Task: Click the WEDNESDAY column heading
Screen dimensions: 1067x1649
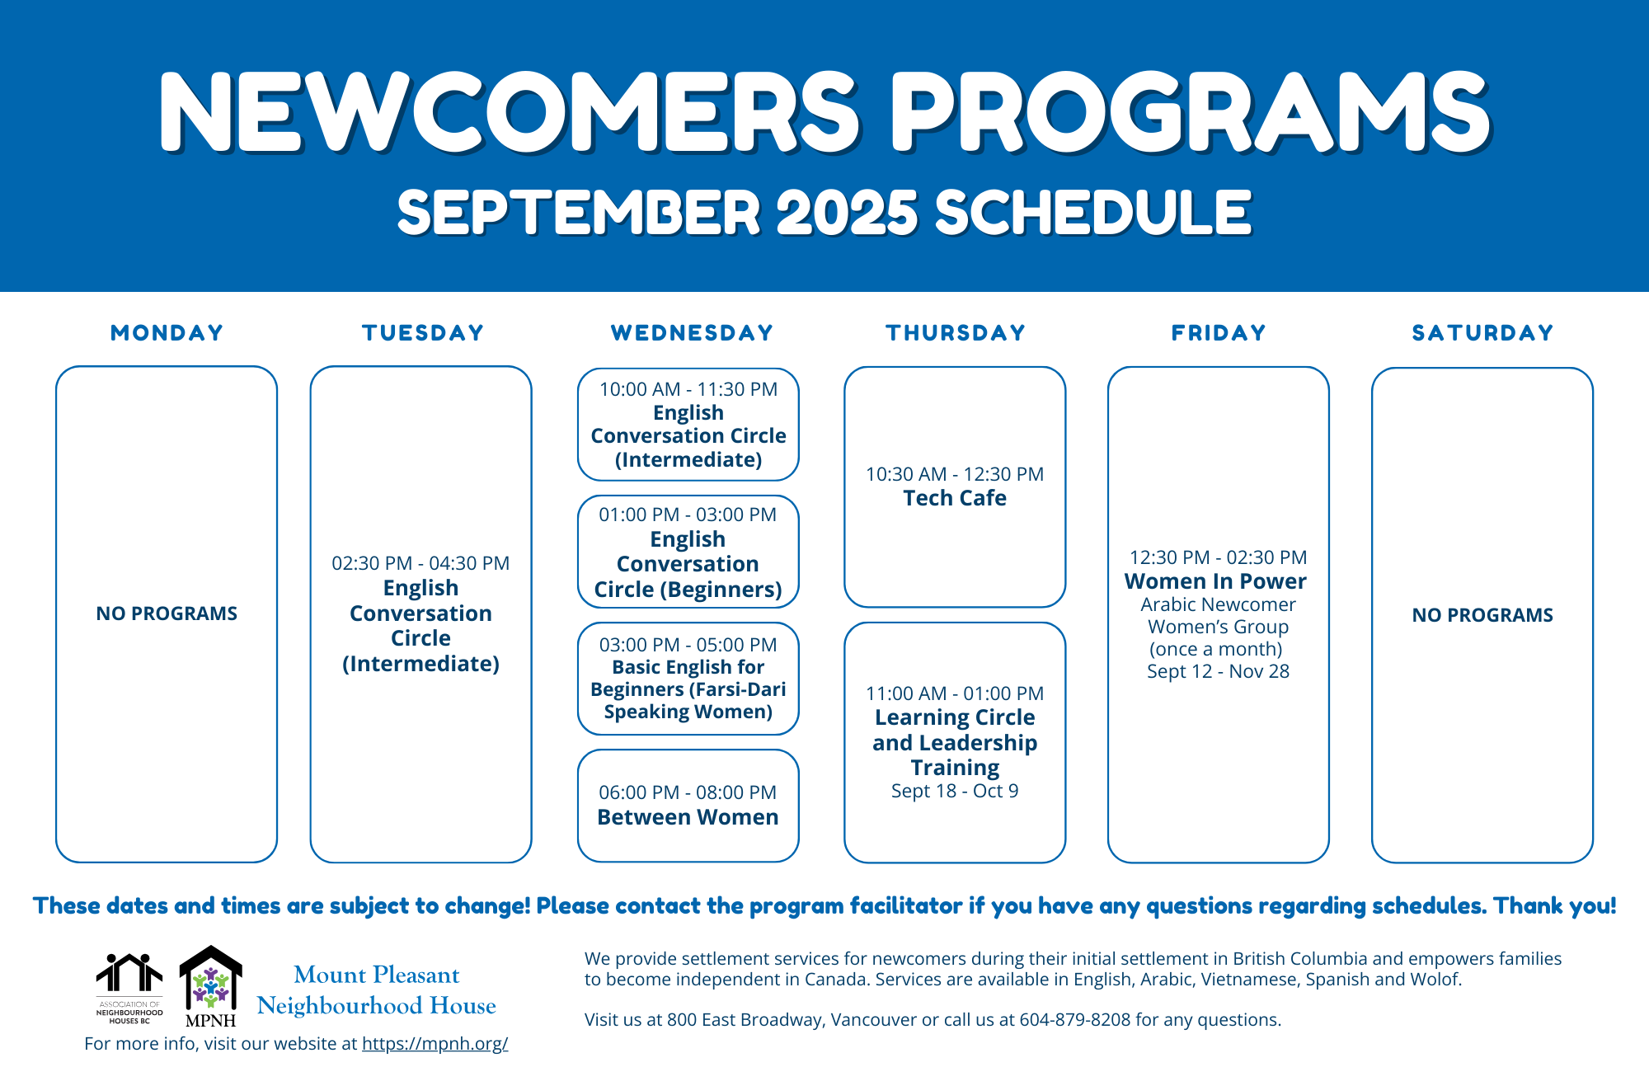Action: tap(692, 332)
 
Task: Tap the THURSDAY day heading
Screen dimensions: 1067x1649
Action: tap(956, 332)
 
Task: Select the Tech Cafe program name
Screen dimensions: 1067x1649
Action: tap(955, 498)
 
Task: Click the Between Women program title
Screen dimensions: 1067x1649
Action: tap(688, 817)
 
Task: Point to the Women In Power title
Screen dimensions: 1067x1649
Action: tap(1215, 581)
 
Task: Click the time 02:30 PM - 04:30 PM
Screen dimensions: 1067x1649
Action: tap(420, 563)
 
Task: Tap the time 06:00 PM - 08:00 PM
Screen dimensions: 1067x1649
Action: tap(688, 792)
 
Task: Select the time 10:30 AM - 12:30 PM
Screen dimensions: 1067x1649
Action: tap(955, 474)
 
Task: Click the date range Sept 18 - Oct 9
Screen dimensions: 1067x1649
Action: tap(955, 791)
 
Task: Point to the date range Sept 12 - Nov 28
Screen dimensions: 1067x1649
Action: tap(1218, 671)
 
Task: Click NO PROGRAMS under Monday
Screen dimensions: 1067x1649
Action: tap(167, 613)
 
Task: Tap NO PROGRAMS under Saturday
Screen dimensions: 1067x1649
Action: tap(1482, 615)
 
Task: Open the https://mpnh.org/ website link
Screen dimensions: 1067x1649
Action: tap(435, 1043)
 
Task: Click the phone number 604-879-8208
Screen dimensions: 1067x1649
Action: tap(1074, 1019)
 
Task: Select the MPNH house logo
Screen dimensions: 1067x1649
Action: tap(211, 985)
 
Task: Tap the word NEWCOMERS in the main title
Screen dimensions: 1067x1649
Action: tap(510, 113)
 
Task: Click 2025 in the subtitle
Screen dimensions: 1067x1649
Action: tap(847, 213)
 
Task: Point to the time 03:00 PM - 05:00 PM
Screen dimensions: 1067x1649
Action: tap(688, 645)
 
